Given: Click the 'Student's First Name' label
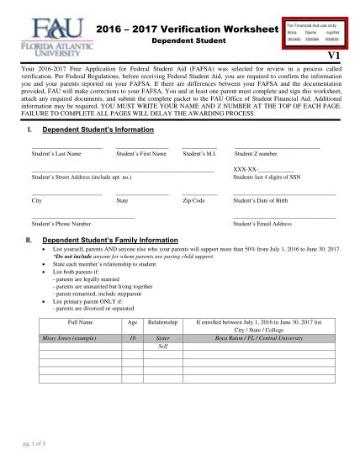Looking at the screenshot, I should [140, 154].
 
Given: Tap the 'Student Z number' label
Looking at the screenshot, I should [256, 154].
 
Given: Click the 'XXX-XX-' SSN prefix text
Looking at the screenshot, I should [246, 170].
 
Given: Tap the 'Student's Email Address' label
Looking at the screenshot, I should [262, 225].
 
